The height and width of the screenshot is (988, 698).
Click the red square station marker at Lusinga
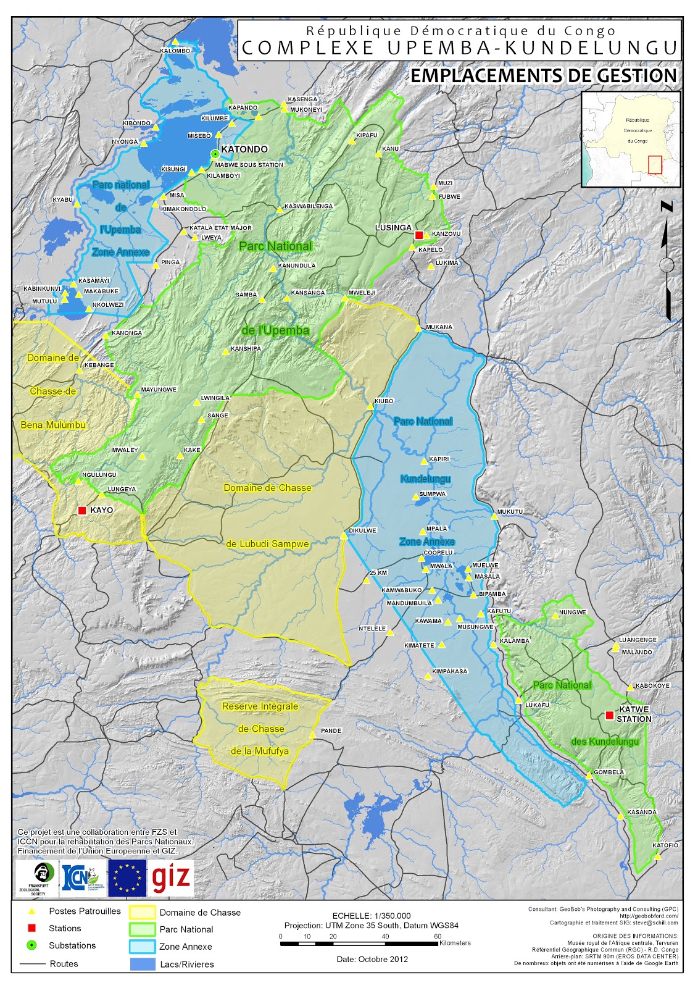click(419, 235)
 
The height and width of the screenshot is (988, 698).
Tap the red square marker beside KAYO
click(82, 510)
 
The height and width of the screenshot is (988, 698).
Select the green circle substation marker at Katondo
click(215, 154)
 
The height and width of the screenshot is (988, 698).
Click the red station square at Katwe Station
click(609, 715)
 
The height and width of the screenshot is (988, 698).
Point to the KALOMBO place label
click(175, 51)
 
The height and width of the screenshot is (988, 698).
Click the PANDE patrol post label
click(331, 731)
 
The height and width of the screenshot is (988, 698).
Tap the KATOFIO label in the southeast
click(665, 845)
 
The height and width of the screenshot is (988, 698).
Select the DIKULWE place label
click(362, 530)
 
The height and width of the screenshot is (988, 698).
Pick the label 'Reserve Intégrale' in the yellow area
click(260, 706)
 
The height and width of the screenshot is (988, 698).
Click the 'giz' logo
click(171, 878)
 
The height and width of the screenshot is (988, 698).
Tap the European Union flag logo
click(127, 878)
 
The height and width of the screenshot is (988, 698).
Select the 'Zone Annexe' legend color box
click(142, 946)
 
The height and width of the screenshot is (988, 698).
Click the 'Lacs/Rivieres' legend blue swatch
click(142, 963)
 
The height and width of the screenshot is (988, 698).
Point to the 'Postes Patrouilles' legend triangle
click(32, 911)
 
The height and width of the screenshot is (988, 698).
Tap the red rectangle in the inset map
click(655, 165)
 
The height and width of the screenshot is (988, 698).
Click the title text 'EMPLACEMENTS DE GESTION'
click(544, 75)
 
